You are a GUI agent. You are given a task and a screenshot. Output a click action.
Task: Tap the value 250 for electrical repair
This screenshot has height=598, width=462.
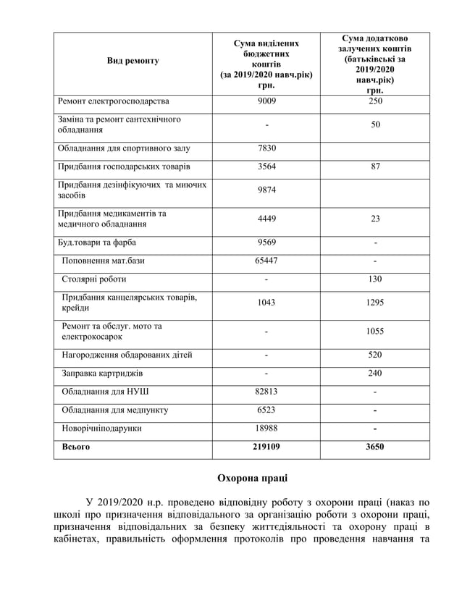point(374,101)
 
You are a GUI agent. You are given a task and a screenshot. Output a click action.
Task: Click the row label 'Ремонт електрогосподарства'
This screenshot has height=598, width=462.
point(114,101)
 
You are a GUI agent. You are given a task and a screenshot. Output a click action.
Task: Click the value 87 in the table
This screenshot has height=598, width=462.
point(374,167)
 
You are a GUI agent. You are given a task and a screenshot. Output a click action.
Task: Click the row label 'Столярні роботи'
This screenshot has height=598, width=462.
point(94,279)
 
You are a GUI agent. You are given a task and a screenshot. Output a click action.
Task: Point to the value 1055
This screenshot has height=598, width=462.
point(374,332)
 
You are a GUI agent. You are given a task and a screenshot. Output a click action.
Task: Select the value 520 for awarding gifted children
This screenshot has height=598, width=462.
point(374,355)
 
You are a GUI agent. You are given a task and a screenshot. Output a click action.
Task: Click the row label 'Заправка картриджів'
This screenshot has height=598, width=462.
point(102,374)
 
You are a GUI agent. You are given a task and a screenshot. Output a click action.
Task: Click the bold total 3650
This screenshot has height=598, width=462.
point(374,447)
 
